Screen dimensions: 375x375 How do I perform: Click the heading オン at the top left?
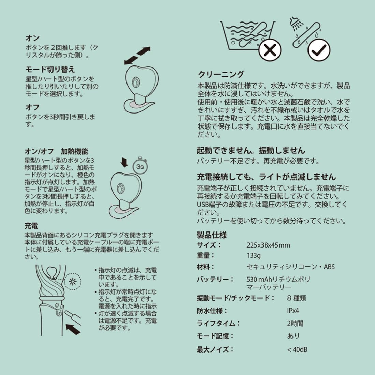pyautogui.click(x=32, y=38)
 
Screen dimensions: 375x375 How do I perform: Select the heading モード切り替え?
pyautogui.click(x=50, y=70)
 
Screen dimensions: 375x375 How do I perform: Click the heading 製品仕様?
pyautogui.click(x=212, y=235)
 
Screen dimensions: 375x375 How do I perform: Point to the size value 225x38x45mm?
pyautogui.click(x=268, y=245)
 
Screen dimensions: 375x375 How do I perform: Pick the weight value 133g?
pyautogui.click(x=254, y=256)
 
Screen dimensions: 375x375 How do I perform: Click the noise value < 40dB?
pyautogui.click(x=297, y=349)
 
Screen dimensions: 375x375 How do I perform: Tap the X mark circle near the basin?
pyautogui.click(x=270, y=50)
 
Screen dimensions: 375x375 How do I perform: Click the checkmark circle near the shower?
pyautogui.click(x=319, y=50)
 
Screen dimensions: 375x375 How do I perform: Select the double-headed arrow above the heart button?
pyautogui.click(x=137, y=56)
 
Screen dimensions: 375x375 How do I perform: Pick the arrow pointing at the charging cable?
pyautogui.click(x=73, y=329)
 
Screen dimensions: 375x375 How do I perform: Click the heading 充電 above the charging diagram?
pyautogui.click(x=31, y=226)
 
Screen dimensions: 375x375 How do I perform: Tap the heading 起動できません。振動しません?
pyautogui.click(x=251, y=150)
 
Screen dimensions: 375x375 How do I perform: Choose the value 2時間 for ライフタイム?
pyautogui.click(x=295, y=324)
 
